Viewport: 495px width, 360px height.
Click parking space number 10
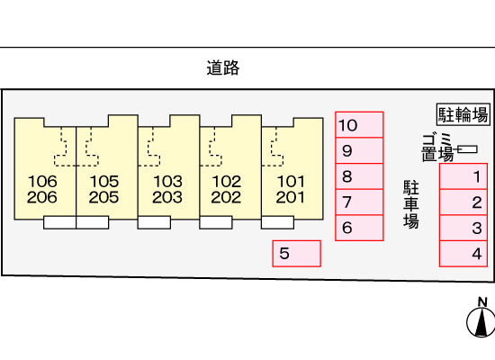(359, 125)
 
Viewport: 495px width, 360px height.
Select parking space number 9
(359, 150)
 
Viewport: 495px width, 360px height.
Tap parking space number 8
(359, 176)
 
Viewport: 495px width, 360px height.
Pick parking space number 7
(359, 202)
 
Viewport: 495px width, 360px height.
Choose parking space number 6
(359, 228)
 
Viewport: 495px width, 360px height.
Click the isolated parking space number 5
(297, 254)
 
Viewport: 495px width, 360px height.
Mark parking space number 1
(463, 176)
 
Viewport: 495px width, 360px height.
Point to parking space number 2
(463, 202)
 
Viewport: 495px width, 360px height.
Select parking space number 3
(463, 228)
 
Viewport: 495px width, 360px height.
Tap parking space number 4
(463, 254)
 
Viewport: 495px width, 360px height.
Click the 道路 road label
(223, 67)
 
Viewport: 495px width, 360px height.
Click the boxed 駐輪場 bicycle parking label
(463, 114)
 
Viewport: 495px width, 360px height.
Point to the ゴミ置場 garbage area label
(438, 148)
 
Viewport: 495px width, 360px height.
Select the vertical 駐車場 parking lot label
(411, 204)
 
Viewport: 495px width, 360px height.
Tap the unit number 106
(42, 181)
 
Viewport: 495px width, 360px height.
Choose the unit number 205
(103, 197)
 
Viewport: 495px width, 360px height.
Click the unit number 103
(167, 181)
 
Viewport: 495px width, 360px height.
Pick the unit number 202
(226, 197)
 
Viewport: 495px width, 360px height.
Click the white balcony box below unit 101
(277, 222)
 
